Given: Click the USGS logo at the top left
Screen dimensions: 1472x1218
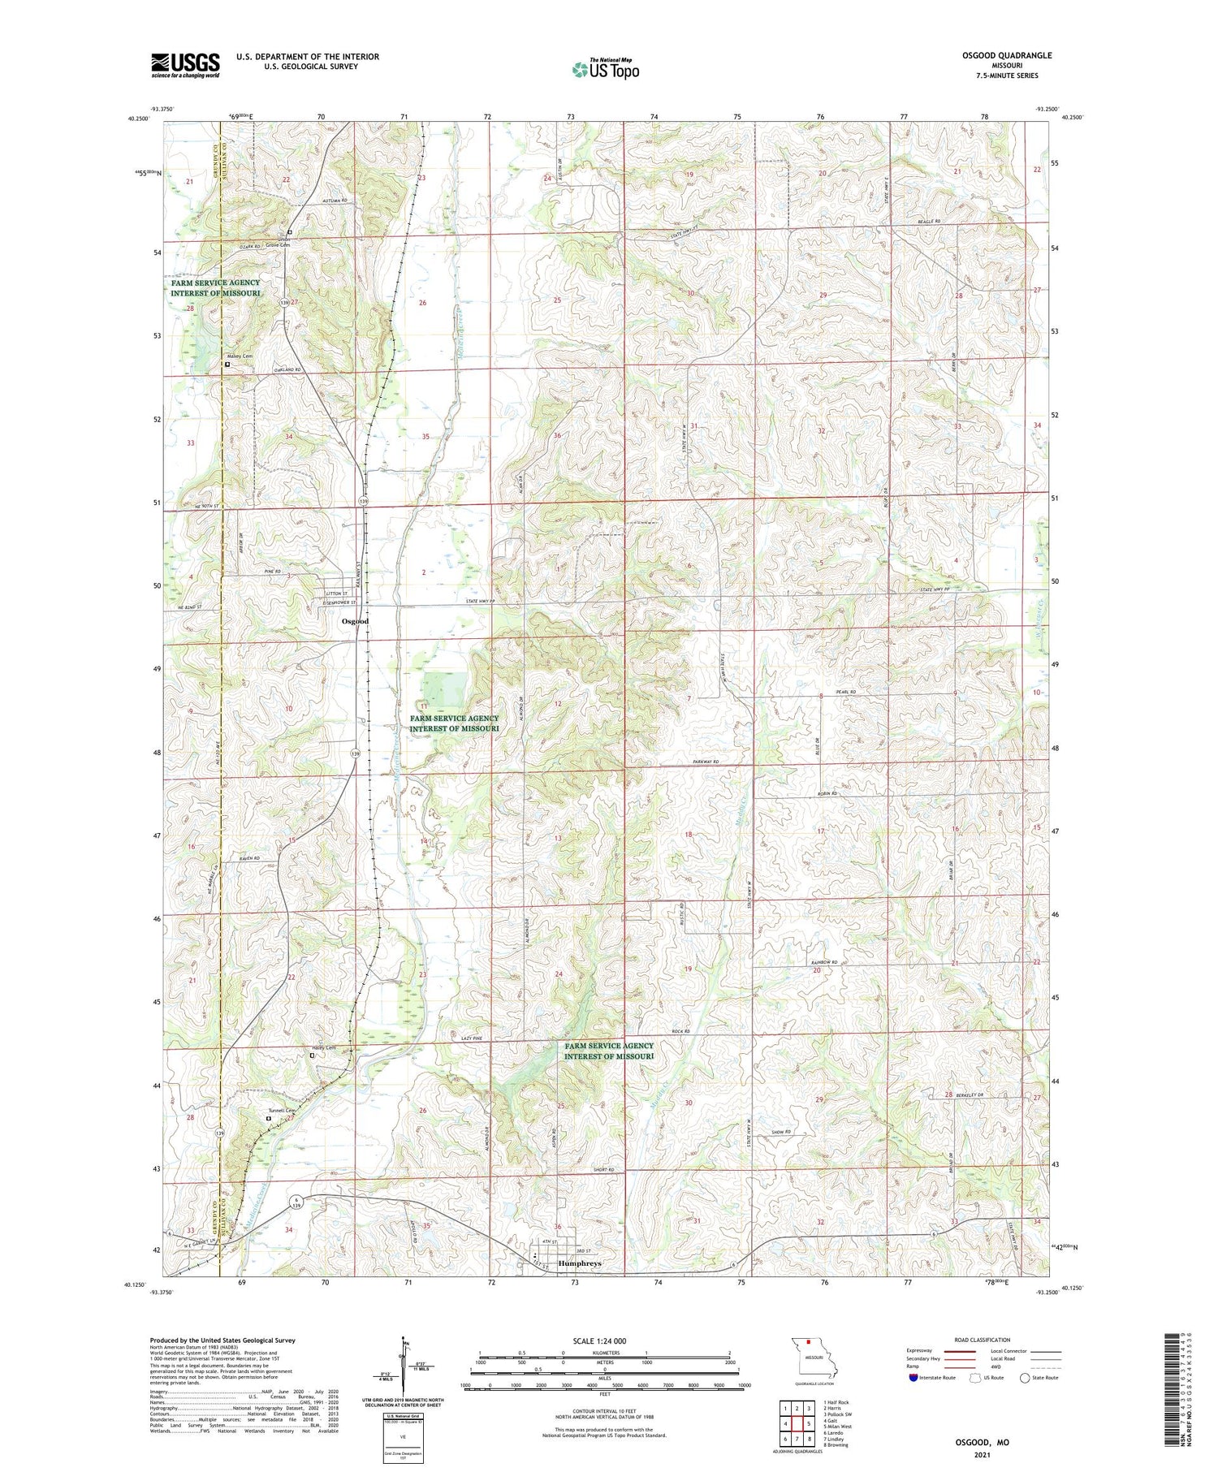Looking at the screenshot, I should pos(185,65).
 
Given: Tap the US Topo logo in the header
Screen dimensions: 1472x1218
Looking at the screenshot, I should pos(605,69).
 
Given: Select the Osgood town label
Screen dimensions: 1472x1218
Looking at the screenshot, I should pos(355,621).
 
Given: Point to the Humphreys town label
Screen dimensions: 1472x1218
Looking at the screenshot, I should pos(580,1264).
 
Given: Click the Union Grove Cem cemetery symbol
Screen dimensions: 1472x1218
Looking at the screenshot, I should pos(289,231).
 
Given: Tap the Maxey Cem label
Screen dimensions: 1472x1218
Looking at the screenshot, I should pos(240,356).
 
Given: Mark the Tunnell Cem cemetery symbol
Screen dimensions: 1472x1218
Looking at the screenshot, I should pos(269,1118).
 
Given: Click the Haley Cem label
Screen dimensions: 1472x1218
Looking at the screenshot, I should pos(324,1047).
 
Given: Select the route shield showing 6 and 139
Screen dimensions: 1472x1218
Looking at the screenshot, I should pos(298,1202).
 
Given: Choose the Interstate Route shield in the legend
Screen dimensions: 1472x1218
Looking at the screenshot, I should pos(914,1378).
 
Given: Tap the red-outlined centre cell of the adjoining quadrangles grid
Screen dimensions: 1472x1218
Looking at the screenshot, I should pos(797,1423).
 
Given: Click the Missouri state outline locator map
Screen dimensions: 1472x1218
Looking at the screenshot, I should pos(813,1358).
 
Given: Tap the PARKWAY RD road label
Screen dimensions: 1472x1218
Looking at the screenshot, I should pos(706,762).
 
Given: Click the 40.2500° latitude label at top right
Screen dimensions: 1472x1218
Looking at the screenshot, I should pos(1071,118).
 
